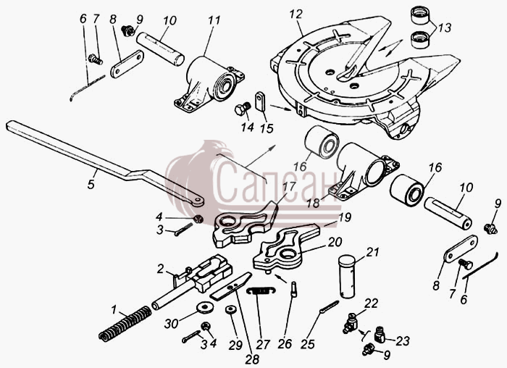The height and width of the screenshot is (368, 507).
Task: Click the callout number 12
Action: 296,14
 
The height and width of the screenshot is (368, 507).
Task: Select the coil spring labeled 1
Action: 125,323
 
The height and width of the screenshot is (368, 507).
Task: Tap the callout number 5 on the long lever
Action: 91,184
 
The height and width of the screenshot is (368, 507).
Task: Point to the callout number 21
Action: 372,251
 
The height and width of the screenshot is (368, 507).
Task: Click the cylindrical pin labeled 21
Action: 347,277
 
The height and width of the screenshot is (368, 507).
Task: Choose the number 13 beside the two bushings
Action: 445,28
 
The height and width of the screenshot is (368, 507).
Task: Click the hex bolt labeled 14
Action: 242,109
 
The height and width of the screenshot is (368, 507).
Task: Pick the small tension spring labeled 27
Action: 261,290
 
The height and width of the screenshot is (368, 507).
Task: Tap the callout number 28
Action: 252,359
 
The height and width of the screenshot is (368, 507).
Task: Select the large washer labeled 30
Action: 204,307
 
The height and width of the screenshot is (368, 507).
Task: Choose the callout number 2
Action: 160,269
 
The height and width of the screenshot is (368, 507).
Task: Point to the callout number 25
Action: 308,344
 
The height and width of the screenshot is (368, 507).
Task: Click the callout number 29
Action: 235,345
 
